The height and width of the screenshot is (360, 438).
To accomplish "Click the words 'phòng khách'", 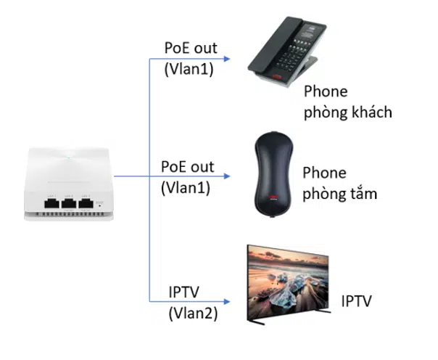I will (x=348, y=112).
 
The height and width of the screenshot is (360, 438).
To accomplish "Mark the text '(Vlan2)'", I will (x=193, y=313).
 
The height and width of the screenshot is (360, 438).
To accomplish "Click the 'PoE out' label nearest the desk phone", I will (x=190, y=49).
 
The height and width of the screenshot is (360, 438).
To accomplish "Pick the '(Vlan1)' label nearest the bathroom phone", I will (x=184, y=187).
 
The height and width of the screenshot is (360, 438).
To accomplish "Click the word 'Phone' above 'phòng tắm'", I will (x=324, y=173).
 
